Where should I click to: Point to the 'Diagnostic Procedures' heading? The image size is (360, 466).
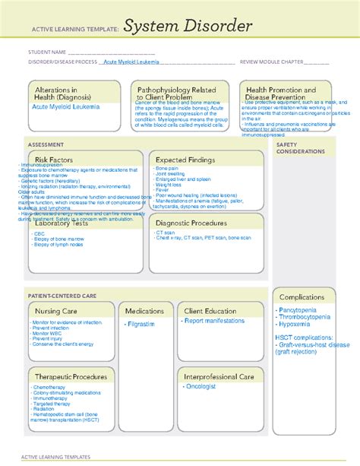pos(191,223)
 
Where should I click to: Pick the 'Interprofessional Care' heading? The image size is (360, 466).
pos(219,376)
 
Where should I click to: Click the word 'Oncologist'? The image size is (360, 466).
pos(201,386)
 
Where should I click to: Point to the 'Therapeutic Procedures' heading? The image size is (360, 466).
pos(70,376)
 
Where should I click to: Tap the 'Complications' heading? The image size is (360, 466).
pos(302,296)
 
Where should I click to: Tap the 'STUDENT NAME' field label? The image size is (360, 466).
pos(46,52)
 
